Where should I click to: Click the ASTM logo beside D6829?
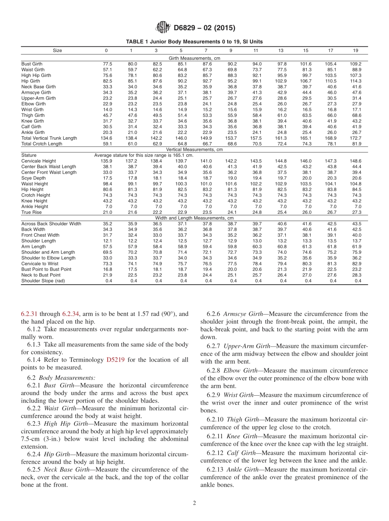(163, 28)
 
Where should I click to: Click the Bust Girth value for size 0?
(107, 64)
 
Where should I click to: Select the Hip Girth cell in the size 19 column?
(357, 81)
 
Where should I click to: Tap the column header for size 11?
(256, 50)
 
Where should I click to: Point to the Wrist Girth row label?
(32, 110)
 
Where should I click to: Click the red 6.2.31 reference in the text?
(29, 314)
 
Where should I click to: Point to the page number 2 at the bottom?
(194, 503)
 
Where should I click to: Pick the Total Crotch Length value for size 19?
(357, 144)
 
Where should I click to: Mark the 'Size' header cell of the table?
(57, 50)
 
